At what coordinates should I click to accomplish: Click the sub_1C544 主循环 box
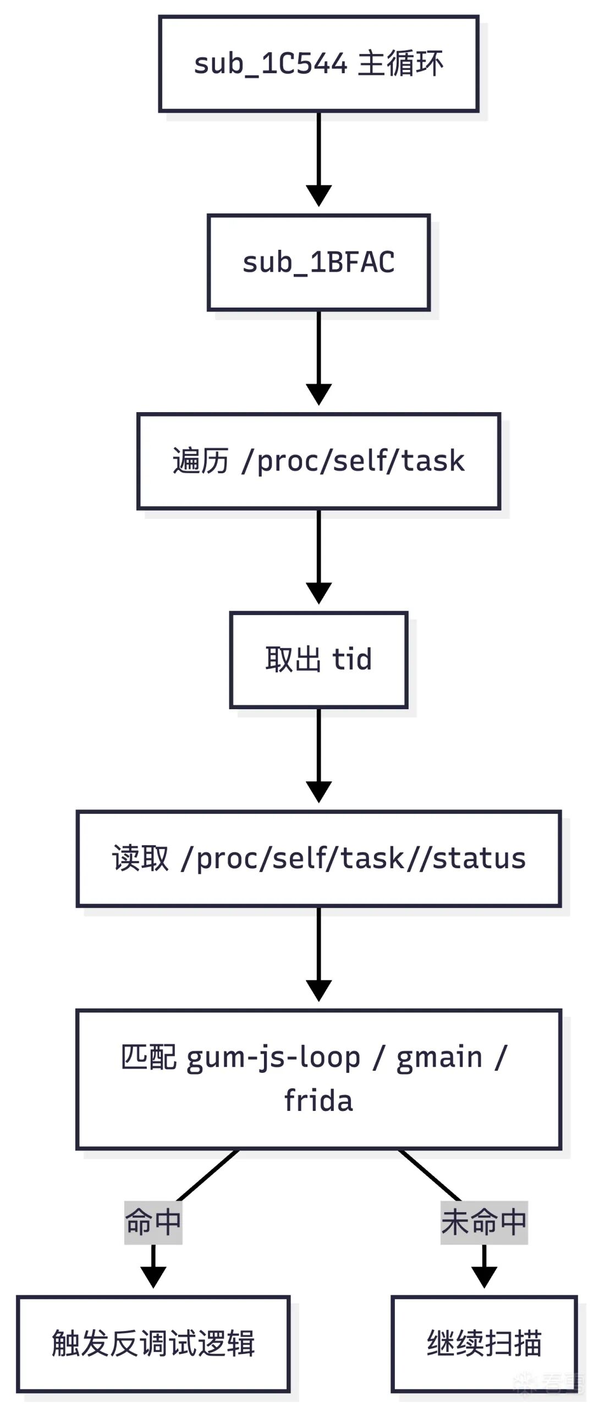(x=318, y=64)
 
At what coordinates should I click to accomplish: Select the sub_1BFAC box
(x=318, y=262)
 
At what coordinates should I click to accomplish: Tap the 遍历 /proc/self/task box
(x=318, y=461)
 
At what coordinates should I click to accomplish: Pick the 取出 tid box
(x=318, y=659)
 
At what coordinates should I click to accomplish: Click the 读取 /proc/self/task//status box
(x=318, y=858)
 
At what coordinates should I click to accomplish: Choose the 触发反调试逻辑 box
(x=153, y=1343)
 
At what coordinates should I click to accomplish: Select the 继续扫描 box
(x=484, y=1343)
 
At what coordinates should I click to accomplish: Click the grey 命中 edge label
(x=153, y=1222)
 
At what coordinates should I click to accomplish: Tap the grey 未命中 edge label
(x=484, y=1222)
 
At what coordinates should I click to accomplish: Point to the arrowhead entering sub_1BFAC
(x=318, y=196)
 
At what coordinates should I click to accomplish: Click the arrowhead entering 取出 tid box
(x=318, y=594)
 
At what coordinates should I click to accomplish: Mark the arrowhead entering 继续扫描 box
(x=484, y=1278)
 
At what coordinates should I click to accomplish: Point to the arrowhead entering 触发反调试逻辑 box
(x=153, y=1278)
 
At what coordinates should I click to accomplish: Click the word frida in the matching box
(x=318, y=1101)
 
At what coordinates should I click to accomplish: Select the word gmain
(x=439, y=1058)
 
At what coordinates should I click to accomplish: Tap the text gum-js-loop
(x=273, y=1058)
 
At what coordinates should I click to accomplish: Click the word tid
(x=352, y=659)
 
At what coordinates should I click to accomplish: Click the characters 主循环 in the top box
(x=400, y=64)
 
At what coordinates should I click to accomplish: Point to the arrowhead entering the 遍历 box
(x=318, y=395)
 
